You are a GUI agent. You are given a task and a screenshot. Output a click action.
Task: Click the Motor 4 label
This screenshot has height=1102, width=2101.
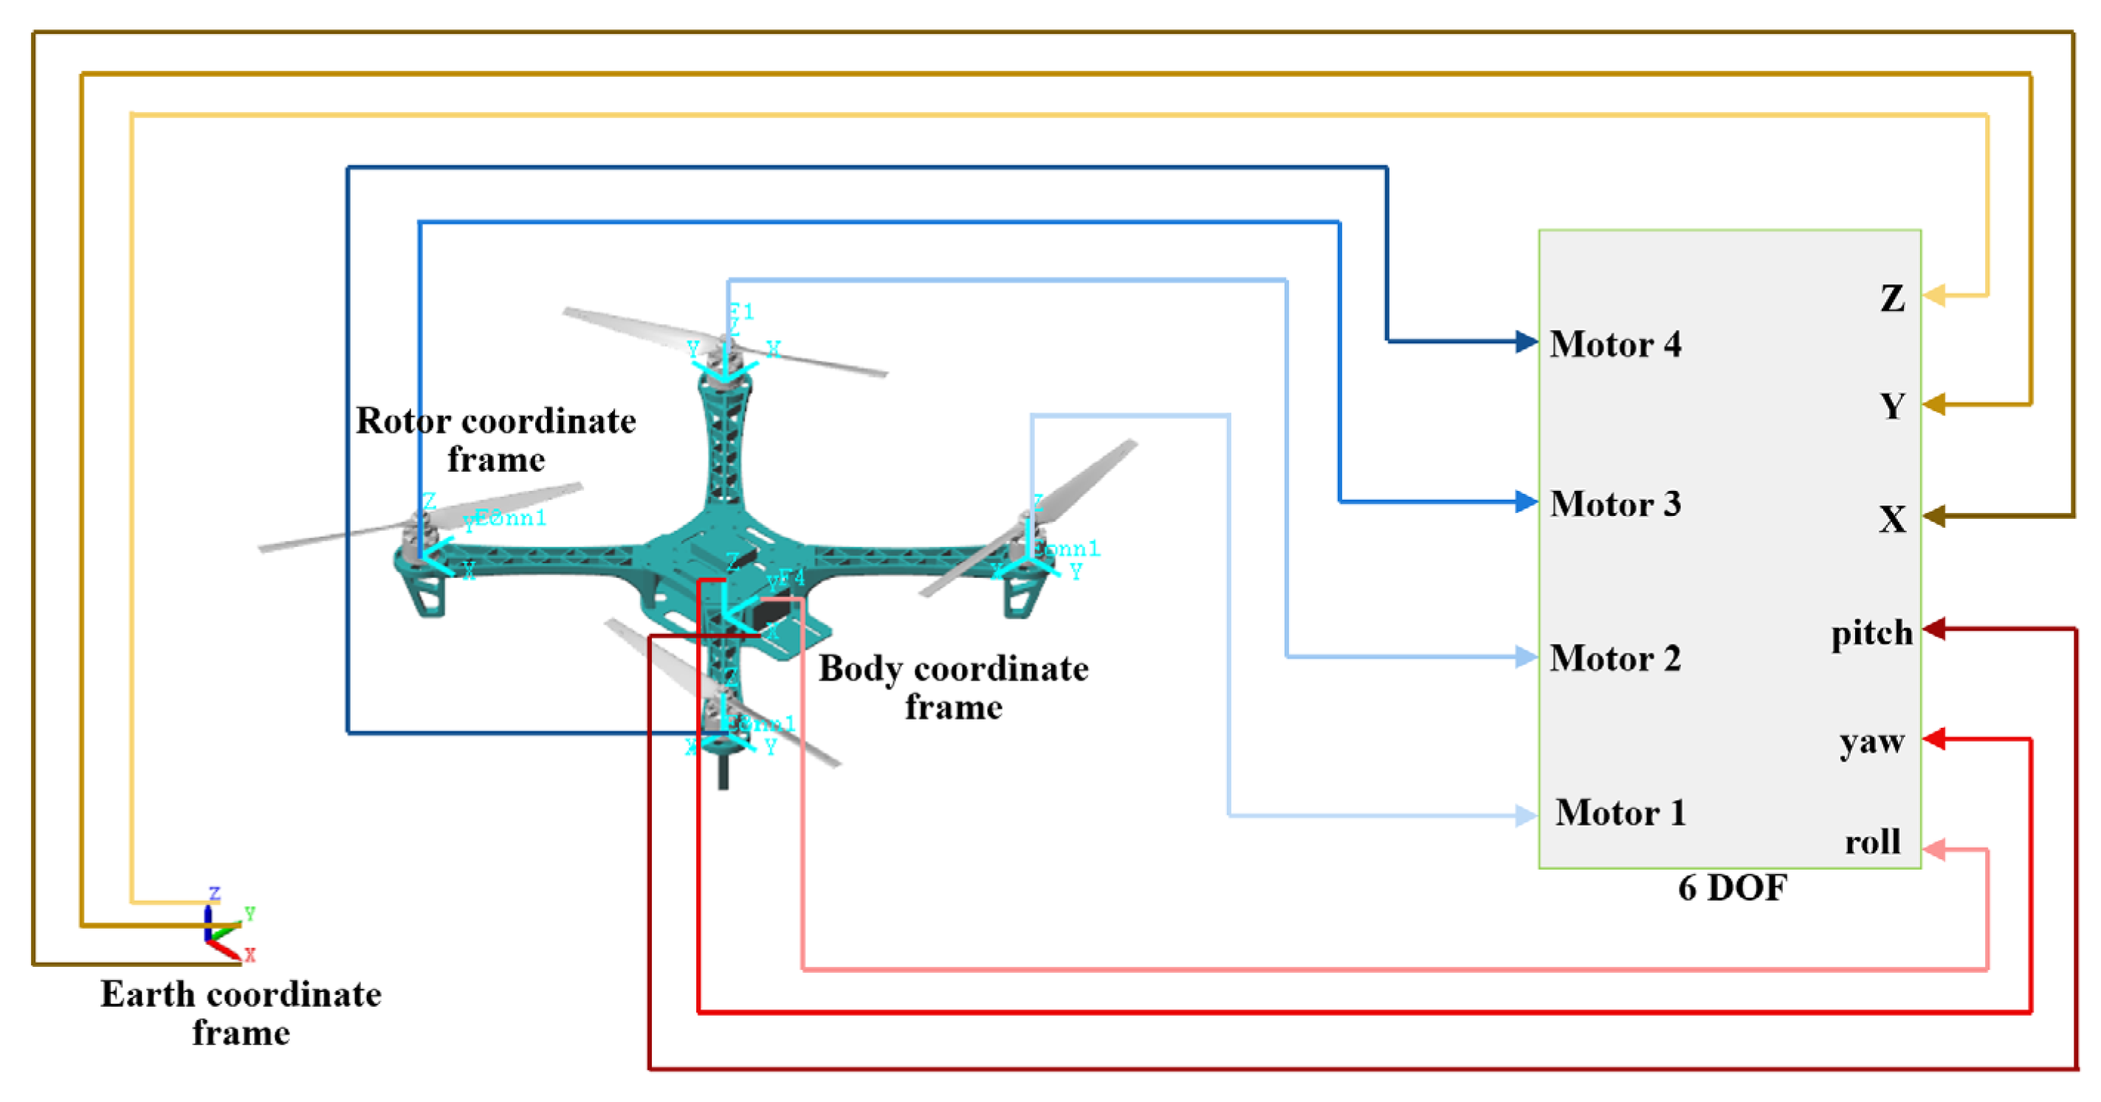pyautogui.click(x=1615, y=344)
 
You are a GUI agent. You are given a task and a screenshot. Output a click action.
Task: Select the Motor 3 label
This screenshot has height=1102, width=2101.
pyautogui.click(x=1615, y=504)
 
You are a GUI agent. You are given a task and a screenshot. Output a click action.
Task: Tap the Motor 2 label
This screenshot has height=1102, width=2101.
pyautogui.click(x=1615, y=658)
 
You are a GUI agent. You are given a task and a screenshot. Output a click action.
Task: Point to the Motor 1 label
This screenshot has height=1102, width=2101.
pyautogui.click(x=1620, y=813)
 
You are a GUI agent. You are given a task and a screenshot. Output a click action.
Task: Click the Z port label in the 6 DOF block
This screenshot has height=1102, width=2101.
pyautogui.click(x=1892, y=298)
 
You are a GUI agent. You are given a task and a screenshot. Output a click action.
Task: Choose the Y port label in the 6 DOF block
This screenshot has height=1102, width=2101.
pyautogui.click(x=1892, y=406)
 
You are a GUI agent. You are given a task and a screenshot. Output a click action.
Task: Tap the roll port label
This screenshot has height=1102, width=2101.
pyautogui.click(x=1873, y=841)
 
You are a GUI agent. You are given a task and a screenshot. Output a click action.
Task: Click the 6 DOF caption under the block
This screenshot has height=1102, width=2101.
pyautogui.click(x=1732, y=888)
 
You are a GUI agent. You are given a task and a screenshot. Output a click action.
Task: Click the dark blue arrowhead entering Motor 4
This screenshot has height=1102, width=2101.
pyautogui.click(x=1526, y=341)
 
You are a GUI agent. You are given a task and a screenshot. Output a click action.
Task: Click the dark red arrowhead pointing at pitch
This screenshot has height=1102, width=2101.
pyautogui.click(x=1934, y=629)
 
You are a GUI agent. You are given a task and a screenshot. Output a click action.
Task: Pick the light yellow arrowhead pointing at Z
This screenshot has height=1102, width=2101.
pyautogui.click(x=1934, y=295)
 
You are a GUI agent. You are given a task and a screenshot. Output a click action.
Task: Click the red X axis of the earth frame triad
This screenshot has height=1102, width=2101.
pyautogui.click(x=224, y=949)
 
